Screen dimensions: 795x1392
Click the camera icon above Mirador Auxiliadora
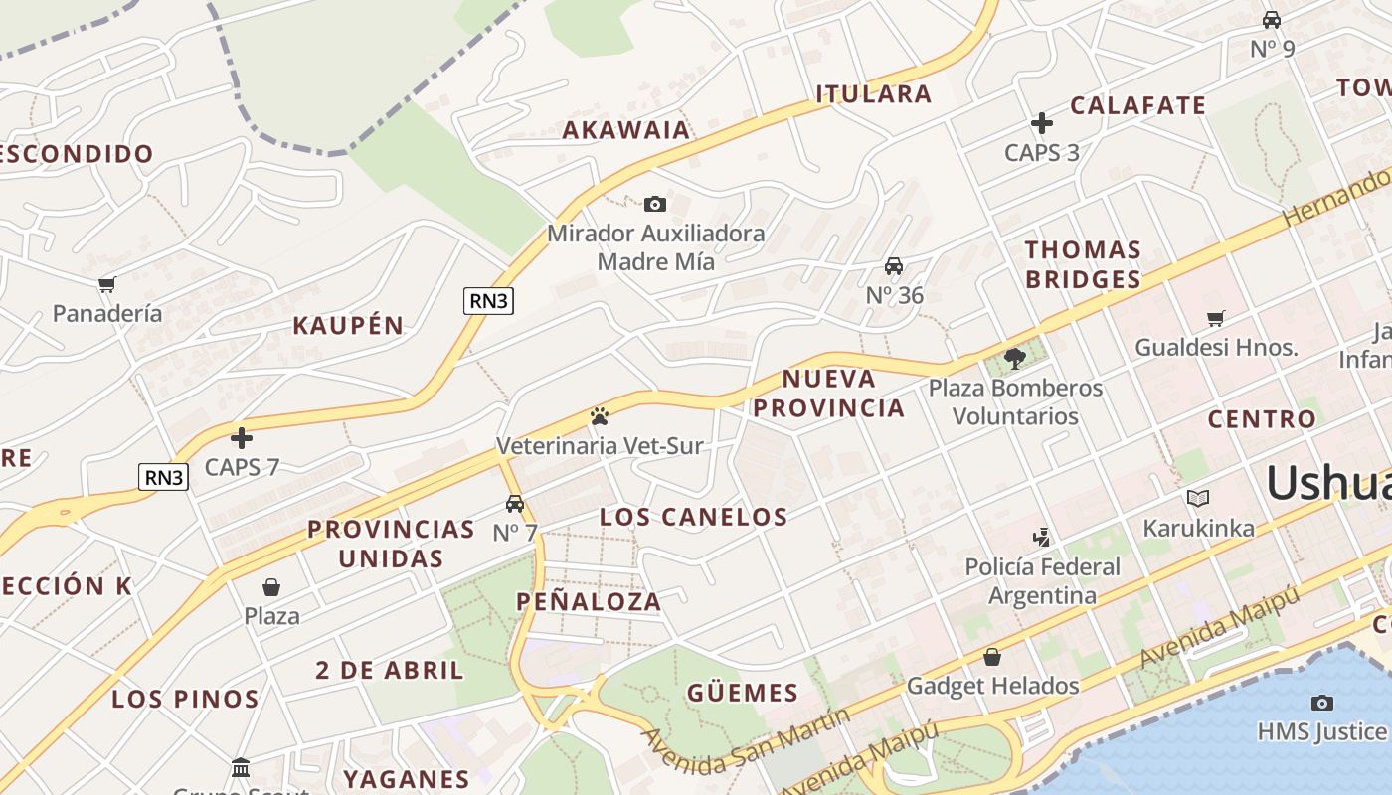(x=654, y=205)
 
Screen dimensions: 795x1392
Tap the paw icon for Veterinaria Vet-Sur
(x=599, y=416)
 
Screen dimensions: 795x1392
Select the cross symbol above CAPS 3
(x=1041, y=123)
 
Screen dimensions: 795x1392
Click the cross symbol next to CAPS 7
(x=241, y=438)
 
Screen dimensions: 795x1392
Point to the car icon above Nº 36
(x=894, y=266)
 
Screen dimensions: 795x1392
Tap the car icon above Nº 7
(x=514, y=504)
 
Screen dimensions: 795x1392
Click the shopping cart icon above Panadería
(x=106, y=285)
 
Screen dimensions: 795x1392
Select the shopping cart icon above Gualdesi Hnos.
(x=1215, y=319)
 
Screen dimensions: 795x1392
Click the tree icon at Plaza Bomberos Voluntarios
(x=1014, y=359)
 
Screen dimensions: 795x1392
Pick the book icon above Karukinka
(x=1197, y=498)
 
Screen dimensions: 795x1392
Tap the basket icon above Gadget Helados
(x=991, y=657)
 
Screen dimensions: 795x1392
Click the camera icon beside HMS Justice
(x=1321, y=703)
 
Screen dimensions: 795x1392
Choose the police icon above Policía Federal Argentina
(x=1041, y=538)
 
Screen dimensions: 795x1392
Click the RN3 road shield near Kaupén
(x=488, y=301)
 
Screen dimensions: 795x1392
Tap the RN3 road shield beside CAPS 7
(x=163, y=477)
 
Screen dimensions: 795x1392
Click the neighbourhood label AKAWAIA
(x=625, y=130)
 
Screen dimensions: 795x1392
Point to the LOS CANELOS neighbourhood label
(x=693, y=517)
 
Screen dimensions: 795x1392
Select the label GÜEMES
(x=742, y=693)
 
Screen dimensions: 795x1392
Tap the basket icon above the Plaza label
(x=270, y=587)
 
